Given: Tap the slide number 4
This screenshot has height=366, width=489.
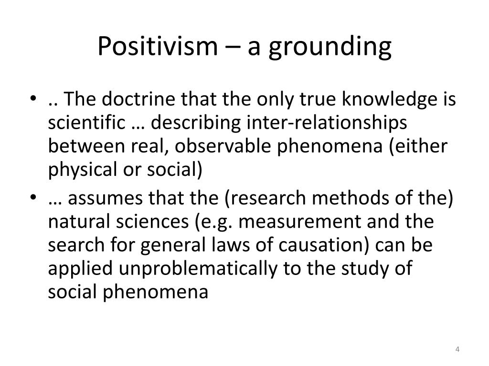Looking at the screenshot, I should coord(457,351).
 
